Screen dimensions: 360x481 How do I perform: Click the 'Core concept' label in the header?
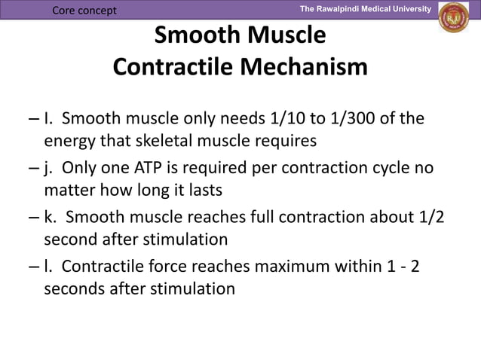pyautogui.click(x=84, y=11)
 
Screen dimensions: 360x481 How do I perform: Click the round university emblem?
pyautogui.click(x=455, y=18)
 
